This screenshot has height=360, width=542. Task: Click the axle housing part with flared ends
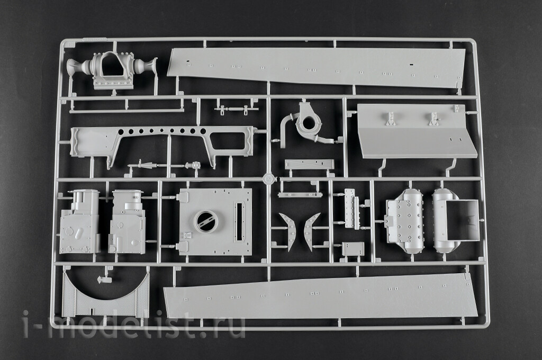[111, 70]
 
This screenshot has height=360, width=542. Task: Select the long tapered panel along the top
[317, 67]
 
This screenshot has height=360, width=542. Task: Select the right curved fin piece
[312, 230]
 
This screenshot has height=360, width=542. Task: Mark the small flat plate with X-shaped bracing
[309, 164]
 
